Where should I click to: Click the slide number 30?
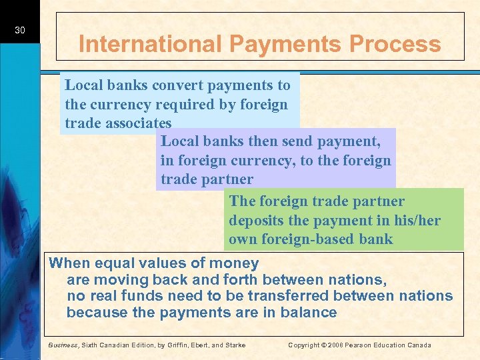coord(20,30)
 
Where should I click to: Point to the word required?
coord(209,105)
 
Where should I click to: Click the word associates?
coord(138,123)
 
